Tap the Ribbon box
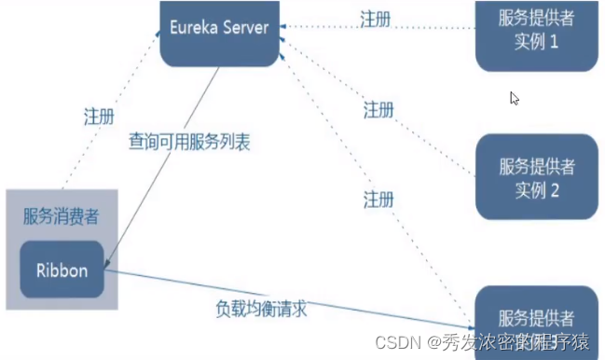tap(62, 271)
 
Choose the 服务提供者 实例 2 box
tap(536, 177)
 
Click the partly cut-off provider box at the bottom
tap(536, 322)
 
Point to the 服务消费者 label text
tap(62, 216)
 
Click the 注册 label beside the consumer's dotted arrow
tap(99, 118)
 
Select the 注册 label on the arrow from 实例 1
tap(378, 19)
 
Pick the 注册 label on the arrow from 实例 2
tap(378, 110)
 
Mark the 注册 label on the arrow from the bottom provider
tap(378, 200)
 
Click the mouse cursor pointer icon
tap(515, 98)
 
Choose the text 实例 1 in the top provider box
tap(536, 43)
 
